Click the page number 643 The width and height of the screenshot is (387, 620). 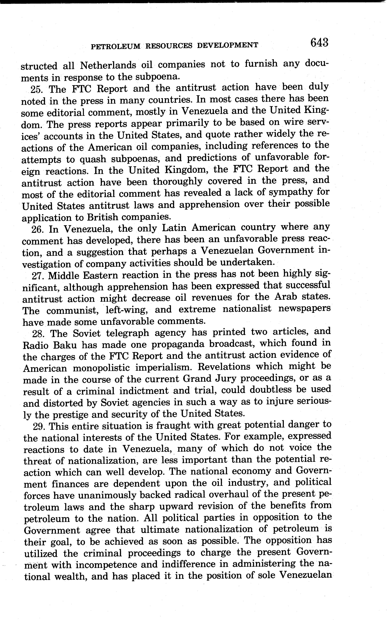(x=319, y=43)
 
